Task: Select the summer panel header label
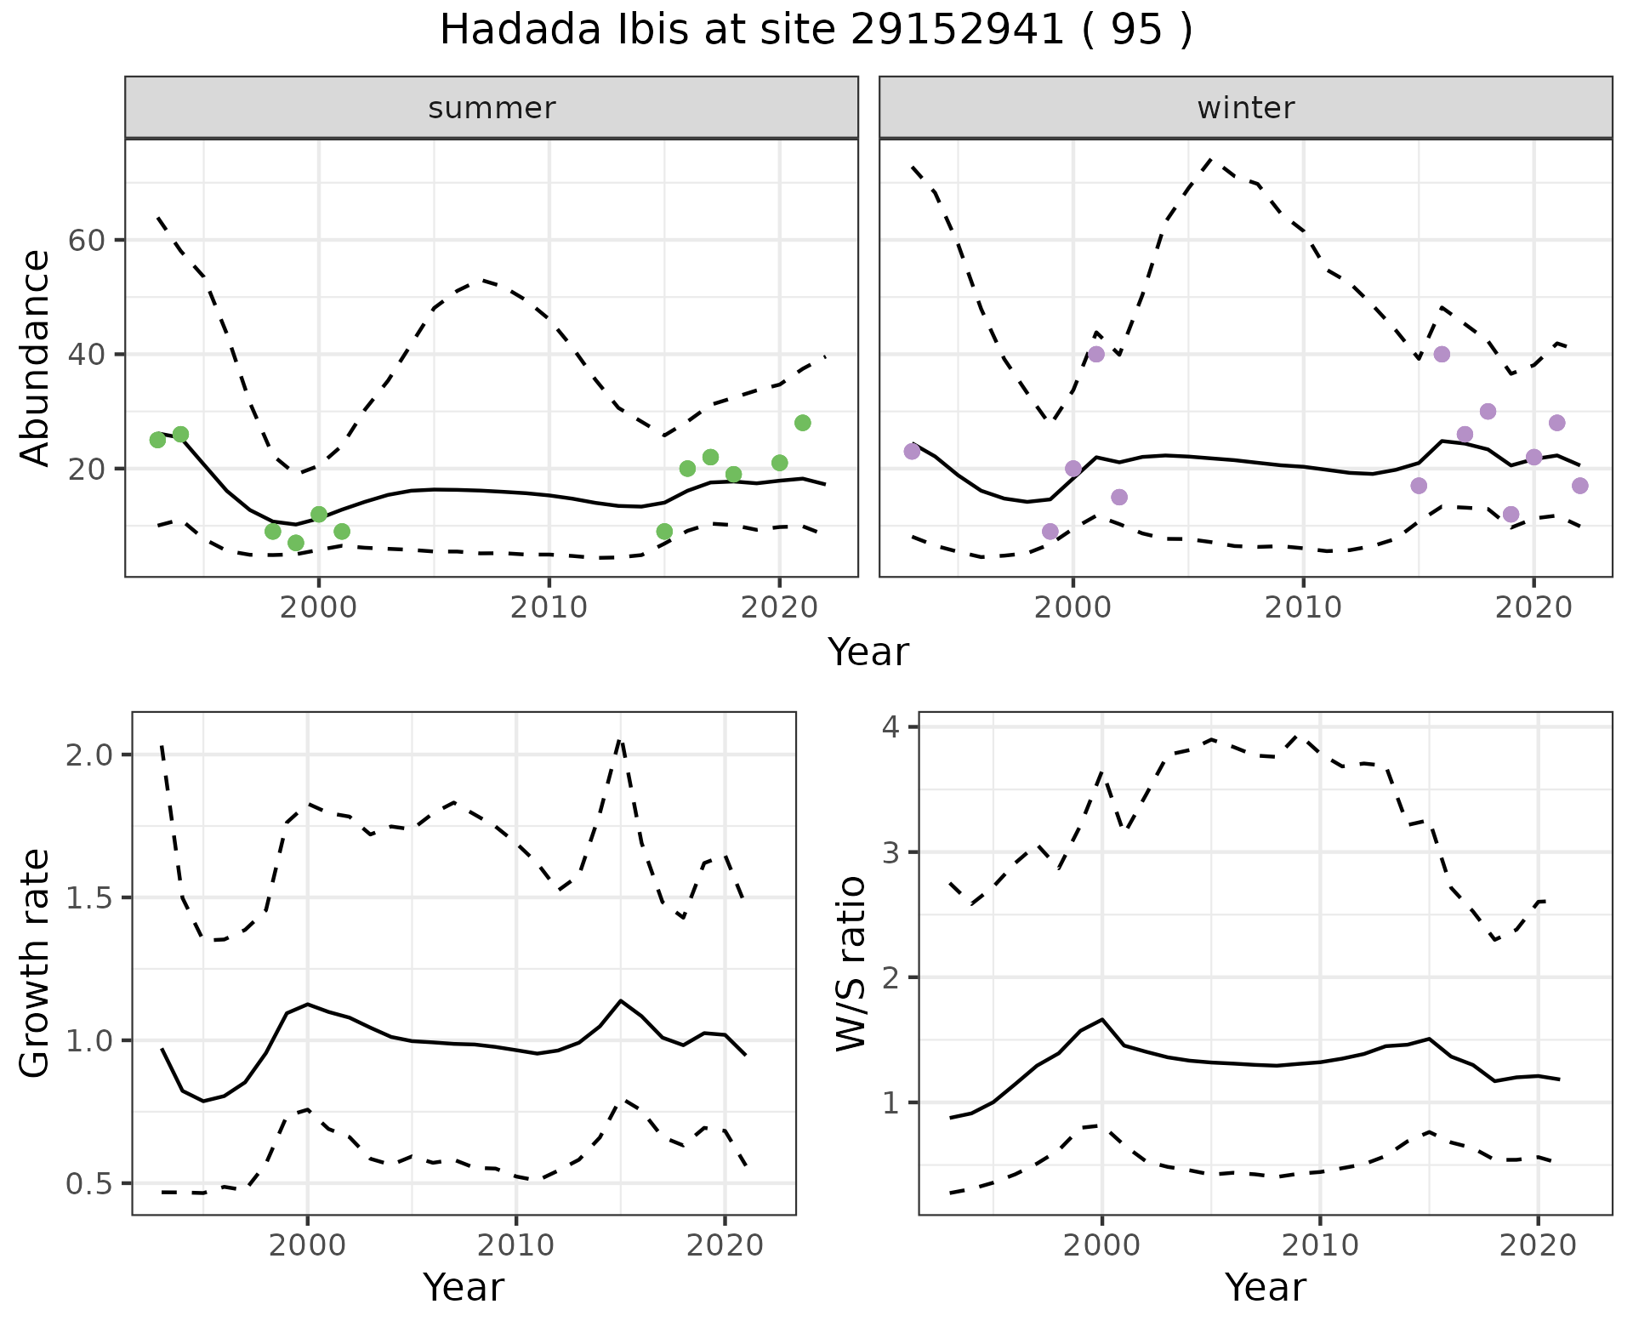pos(492,108)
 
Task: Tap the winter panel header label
pos(1245,108)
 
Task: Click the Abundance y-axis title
pos(36,357)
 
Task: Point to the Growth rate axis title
pos(36,963)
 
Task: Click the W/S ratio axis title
pos(851,963)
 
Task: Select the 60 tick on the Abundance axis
pos(86,240)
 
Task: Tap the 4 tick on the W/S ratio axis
pos(893,726)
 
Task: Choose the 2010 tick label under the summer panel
pos(549,608)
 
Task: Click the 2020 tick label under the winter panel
pos(1533,608)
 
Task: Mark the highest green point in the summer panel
pos(802,423)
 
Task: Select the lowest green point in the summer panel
pos(296,543)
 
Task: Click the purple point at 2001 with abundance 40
pos(1096,354)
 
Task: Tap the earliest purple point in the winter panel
pos(912,451)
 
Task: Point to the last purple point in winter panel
pos(1579,486)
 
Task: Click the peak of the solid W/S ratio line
pos(1102,1019)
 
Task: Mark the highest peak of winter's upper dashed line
pos(1210,160)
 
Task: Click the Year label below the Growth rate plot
pos(464,1288)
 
